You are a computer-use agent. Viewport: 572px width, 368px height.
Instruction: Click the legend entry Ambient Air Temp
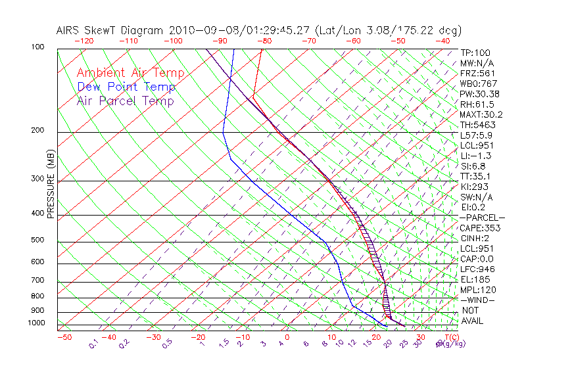(x=130, y=73)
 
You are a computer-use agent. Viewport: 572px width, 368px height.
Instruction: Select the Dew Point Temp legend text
(x=126, y=87)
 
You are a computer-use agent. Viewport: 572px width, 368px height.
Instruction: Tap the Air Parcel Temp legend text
(x=125, y=101)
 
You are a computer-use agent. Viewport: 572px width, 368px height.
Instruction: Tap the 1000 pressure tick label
(x=37, y=323)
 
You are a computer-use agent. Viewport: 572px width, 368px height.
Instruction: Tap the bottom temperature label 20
(x=377, y=337)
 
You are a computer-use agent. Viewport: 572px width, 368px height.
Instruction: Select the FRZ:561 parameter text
(x=477, y=73)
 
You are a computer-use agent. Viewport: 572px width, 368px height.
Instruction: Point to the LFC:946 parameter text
(x=477, y=269)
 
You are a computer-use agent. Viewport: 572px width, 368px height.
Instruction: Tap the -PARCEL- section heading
(x=482, y=218)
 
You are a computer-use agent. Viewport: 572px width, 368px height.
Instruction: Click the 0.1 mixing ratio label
(x=93, y=343)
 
